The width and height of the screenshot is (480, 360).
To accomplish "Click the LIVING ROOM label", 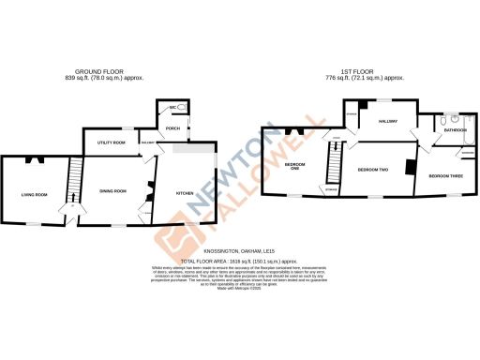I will [34, 194].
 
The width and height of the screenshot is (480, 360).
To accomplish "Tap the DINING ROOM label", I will [112, 191].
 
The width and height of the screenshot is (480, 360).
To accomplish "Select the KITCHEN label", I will [185, 193].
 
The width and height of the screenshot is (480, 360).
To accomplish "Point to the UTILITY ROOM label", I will [112, 143].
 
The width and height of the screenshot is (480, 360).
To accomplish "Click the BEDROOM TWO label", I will [373, 169].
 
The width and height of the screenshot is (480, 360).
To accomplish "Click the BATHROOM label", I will [456, 130].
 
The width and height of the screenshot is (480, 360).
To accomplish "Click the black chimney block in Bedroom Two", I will [409, 167].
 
